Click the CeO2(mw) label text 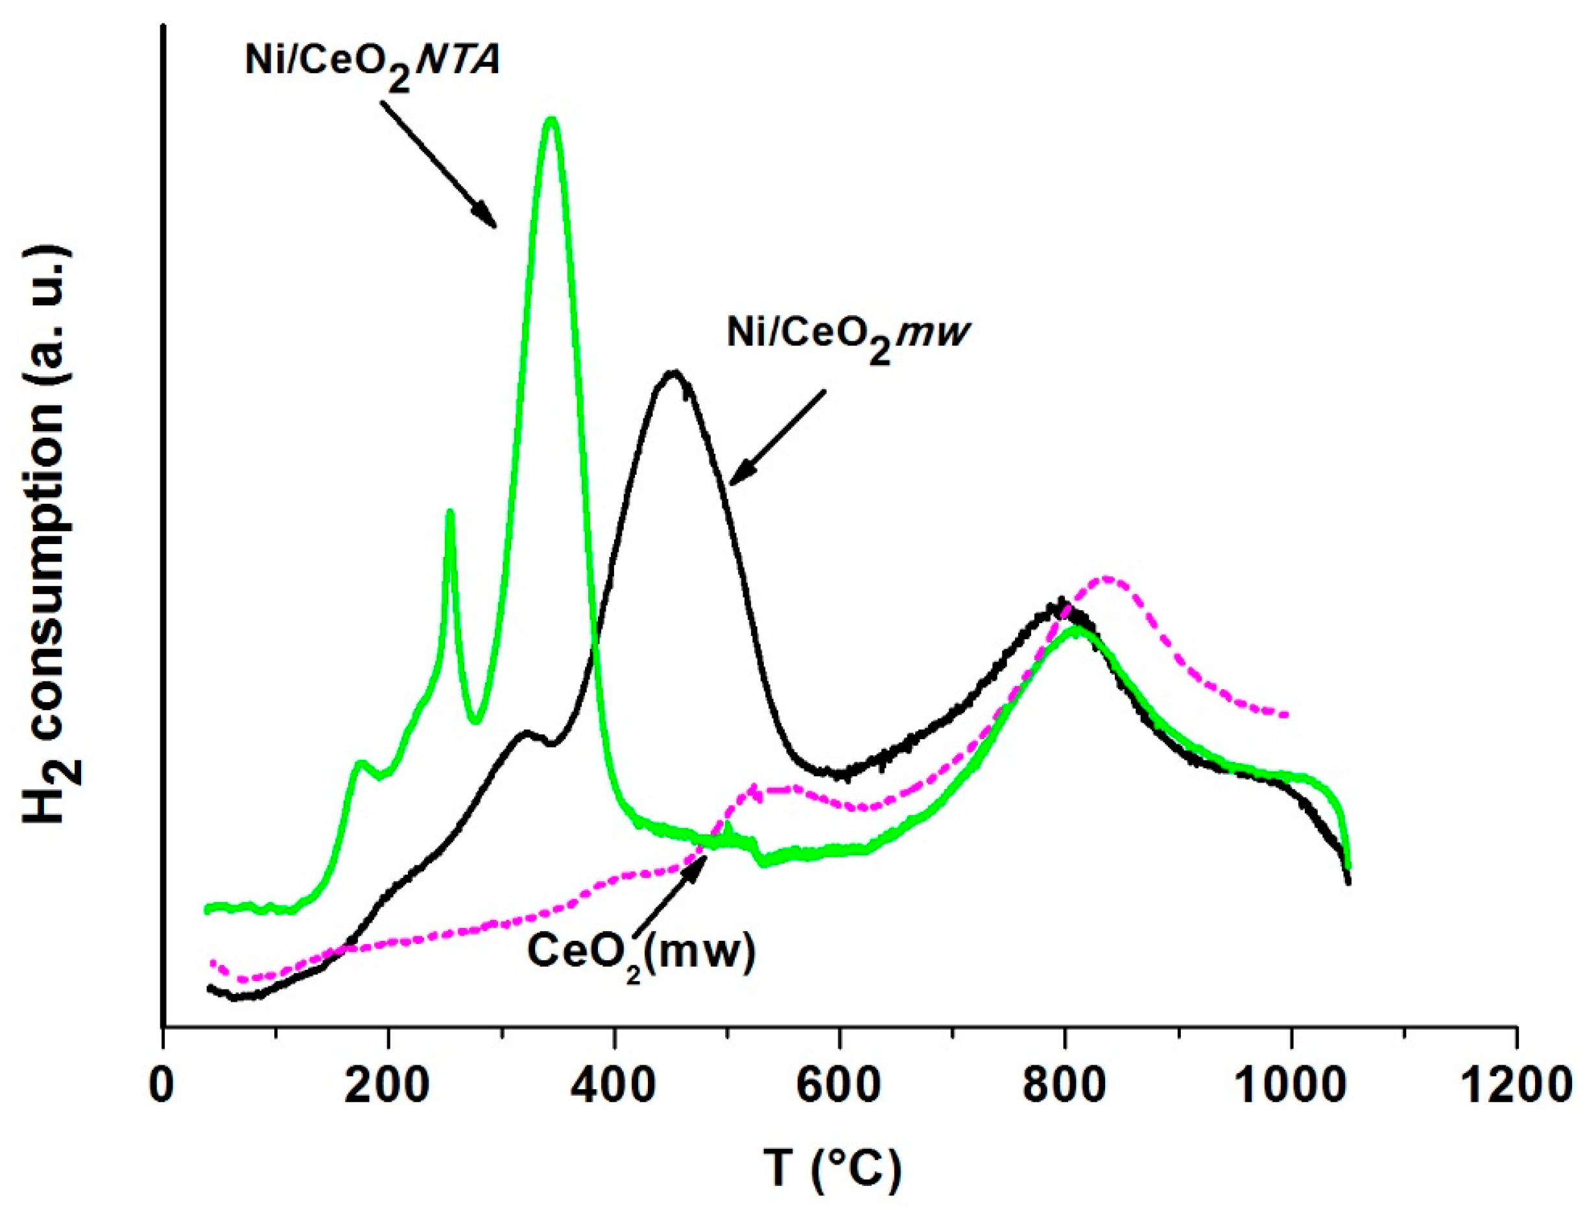(x=641, y=951)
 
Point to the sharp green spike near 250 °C (x=450, y=513)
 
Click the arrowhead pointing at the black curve (x=741, y=475)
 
